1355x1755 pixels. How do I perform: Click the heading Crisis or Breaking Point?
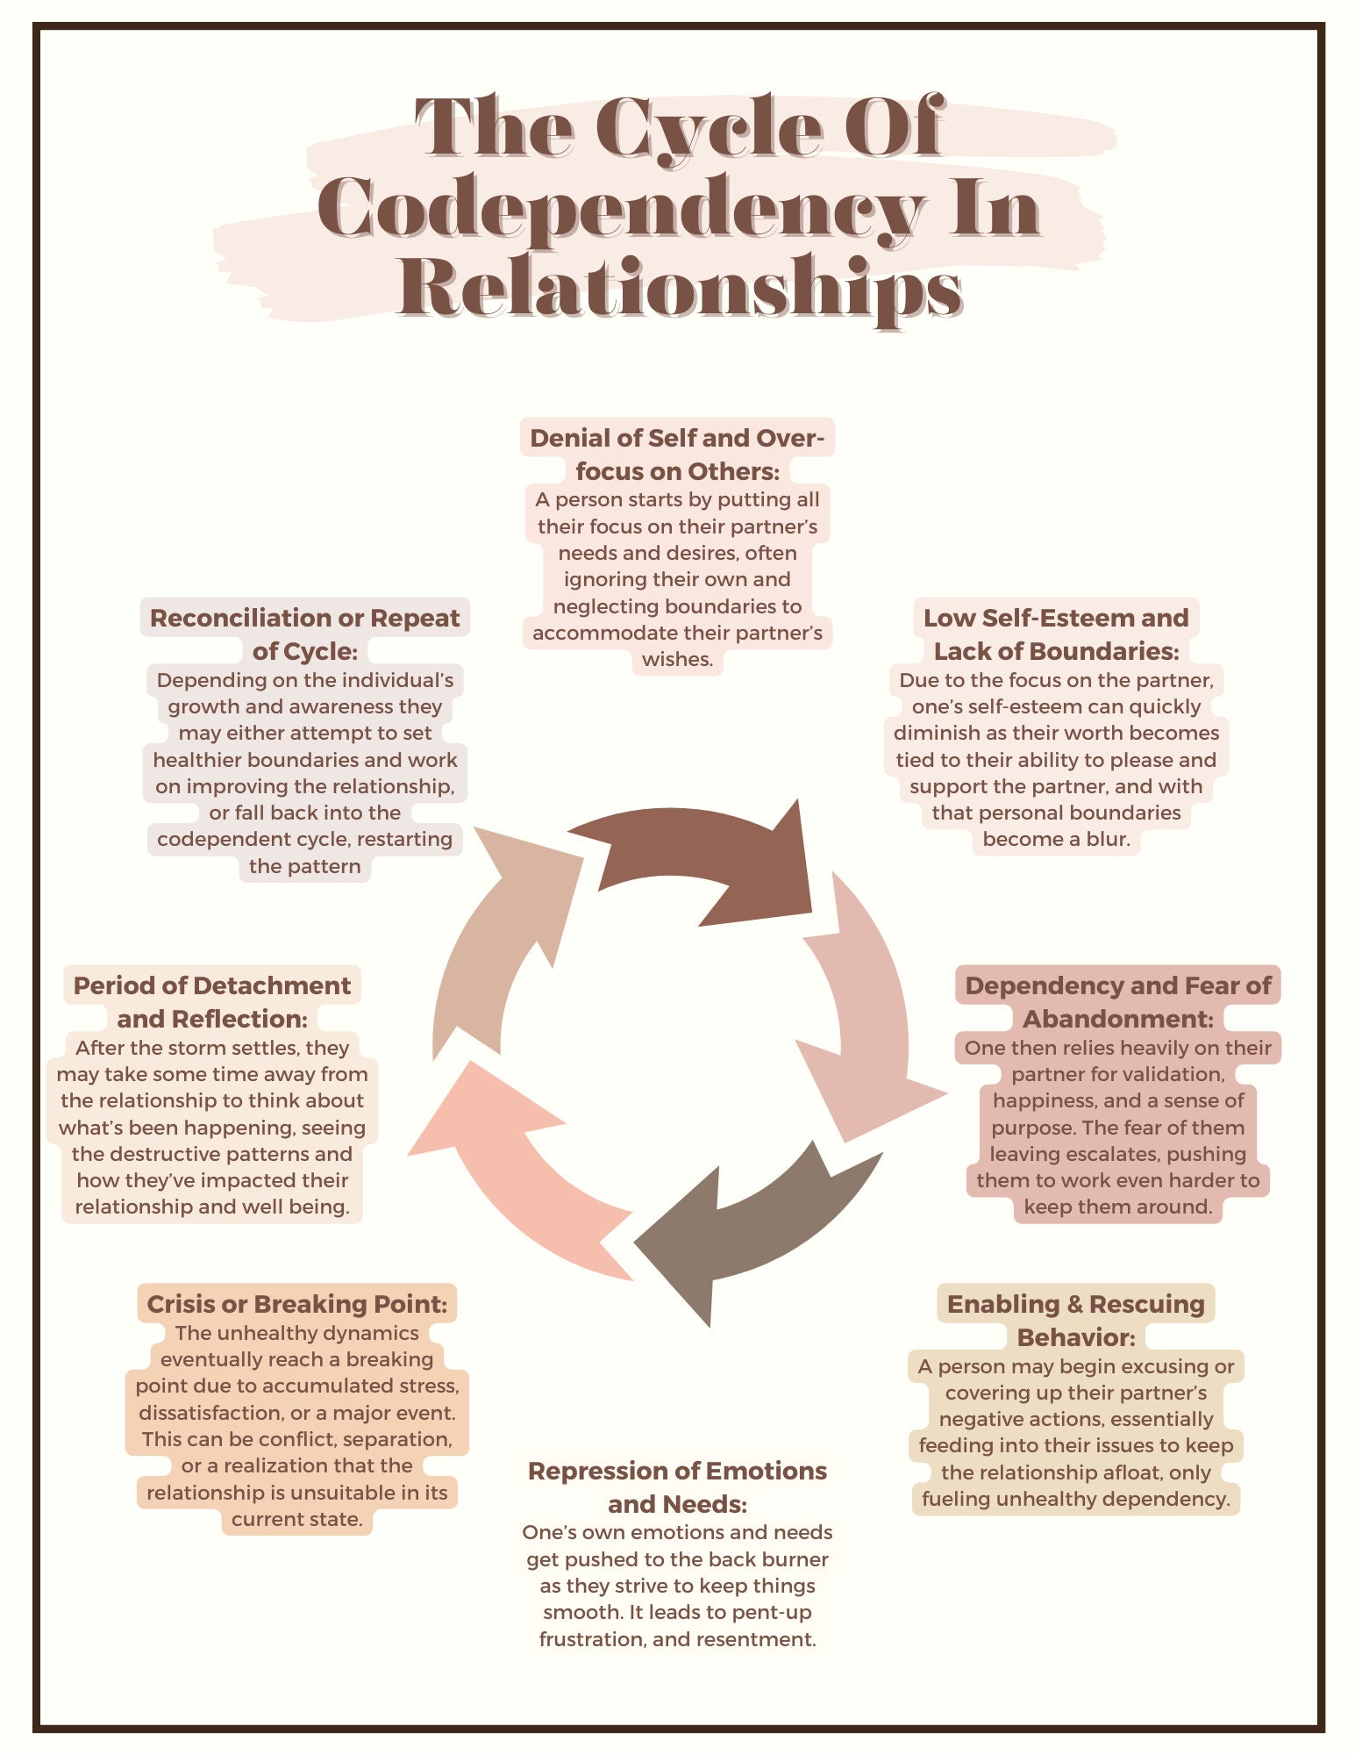[296, 1303]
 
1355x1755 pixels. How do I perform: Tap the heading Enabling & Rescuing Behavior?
[1075, 1320]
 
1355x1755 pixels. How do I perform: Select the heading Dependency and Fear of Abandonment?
[1117, 1001]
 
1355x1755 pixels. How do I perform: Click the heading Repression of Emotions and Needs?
[677, 1486]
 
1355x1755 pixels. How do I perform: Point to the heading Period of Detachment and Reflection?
[212, 1001]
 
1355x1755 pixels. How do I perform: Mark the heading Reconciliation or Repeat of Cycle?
[304, 634]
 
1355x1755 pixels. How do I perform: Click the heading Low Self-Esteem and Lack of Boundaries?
[1056, 634]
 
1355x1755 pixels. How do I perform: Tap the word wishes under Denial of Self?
[677, 659]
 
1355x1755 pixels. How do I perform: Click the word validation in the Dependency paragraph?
[1173, 1074]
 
